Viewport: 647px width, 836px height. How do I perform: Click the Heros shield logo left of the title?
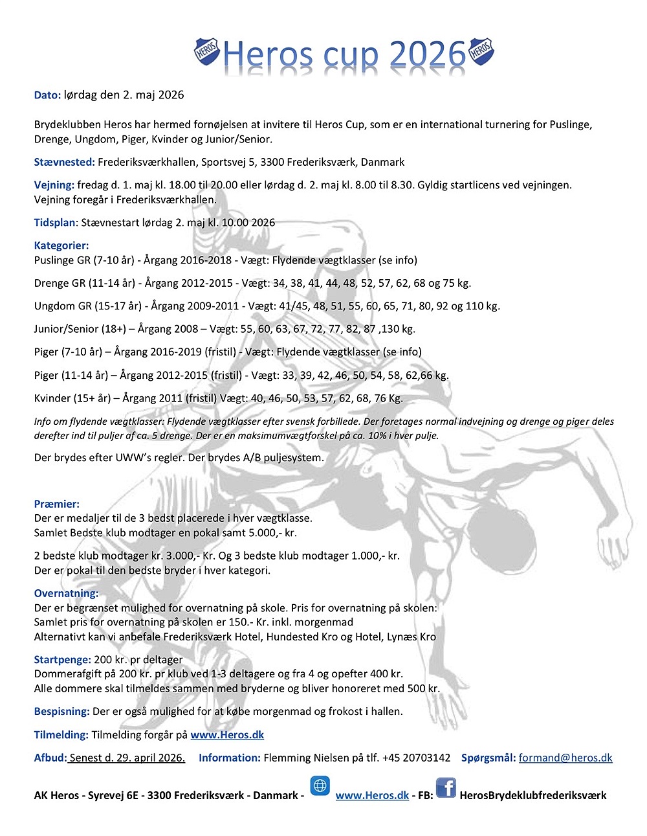coord(207,51)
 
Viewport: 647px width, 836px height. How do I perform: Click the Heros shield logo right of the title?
coord(481,51)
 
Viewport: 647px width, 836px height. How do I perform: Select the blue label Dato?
coord(47,95)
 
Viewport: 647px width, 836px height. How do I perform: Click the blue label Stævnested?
coord(64,162)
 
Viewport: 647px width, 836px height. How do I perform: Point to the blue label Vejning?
coord(54,185)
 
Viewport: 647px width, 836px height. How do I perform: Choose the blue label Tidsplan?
coord(56,223)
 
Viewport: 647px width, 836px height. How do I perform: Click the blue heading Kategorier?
coord(61,245)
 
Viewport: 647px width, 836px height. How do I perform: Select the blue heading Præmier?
coord(57,504)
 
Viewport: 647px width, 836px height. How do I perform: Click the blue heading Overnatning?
coord(66,593)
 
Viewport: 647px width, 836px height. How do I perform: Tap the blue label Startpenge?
coord(62,660)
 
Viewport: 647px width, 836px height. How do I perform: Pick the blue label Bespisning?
coord(61,711)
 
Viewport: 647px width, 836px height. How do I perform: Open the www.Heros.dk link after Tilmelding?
coord(227,735)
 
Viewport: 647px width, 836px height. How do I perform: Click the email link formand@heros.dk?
coord(565,758)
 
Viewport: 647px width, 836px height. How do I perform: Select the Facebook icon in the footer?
coord(446,788)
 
